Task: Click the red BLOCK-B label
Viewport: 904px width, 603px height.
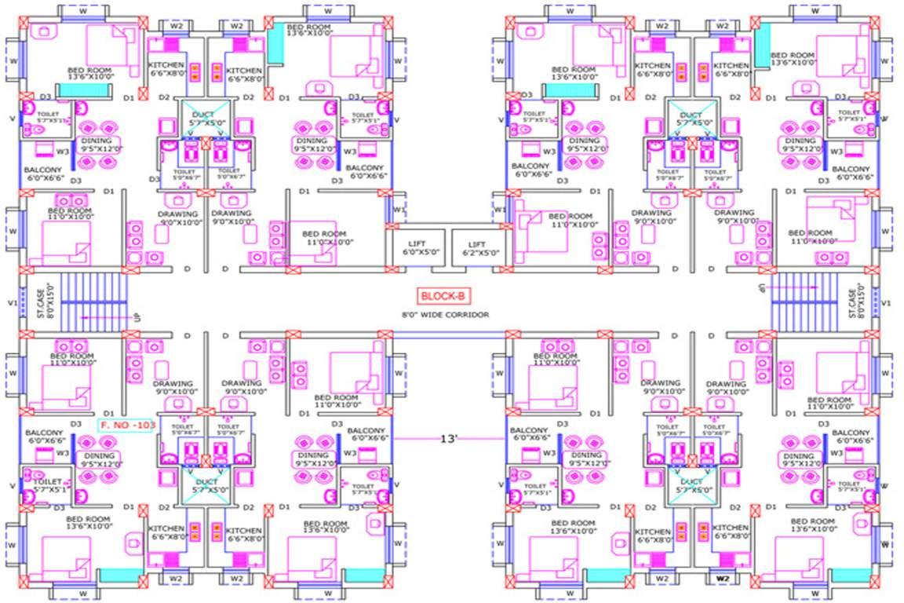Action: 439,296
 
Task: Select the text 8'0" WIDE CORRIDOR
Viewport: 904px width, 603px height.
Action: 444,315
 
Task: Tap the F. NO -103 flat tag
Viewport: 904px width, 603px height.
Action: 120,425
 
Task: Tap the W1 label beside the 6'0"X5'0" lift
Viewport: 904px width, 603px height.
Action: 399,210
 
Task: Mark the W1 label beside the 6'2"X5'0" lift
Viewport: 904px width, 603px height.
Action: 500,210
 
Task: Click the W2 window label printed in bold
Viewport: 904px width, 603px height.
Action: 724,580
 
